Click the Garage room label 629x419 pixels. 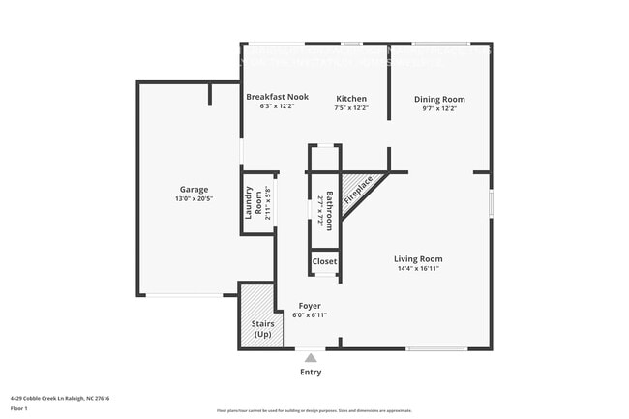[x=194, y=190]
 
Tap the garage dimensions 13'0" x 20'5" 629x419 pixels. [x=194, y=198]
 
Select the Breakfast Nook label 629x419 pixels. [x=277, y=97]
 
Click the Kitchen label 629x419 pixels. [x=351, y=99]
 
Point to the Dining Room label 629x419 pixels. [x=439, y=99]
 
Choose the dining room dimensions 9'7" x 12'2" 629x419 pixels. [x=439, y=107]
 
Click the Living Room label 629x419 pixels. [x=418, y=258]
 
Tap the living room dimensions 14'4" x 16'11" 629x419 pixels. [x=418, y=268]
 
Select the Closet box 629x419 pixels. [x=324, y=262]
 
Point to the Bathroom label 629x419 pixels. [x=329, y=210]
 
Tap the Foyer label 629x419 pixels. [x=310, y=306]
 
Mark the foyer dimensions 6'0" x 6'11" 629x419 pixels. [x=310, y=315]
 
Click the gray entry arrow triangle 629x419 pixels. [x=311, y=358]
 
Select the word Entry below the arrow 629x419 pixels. [x=311, y=372]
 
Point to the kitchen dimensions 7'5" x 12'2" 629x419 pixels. [x=351, y=107]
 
